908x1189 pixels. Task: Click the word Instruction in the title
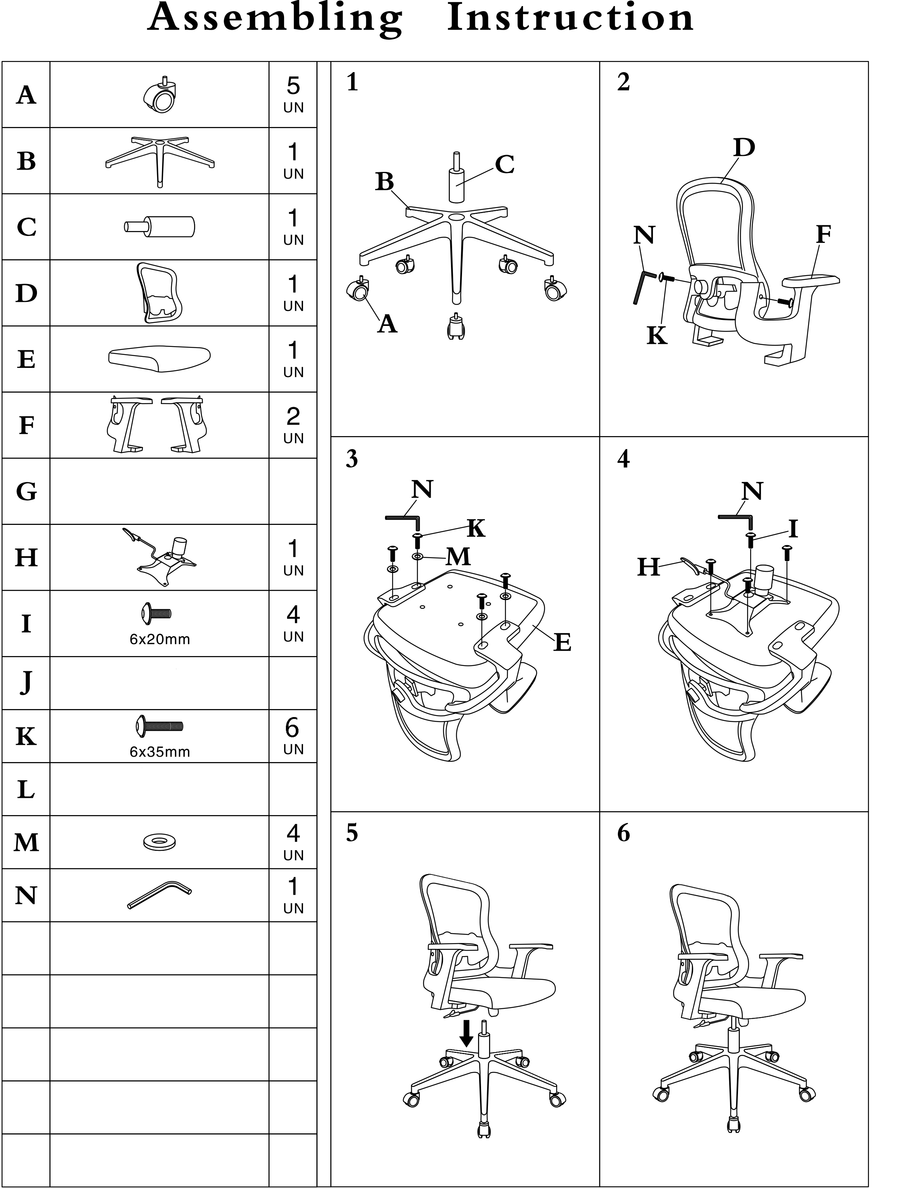coord(571,18)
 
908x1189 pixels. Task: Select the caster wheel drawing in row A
coord(161,95)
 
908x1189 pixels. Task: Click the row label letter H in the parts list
coord(26,558)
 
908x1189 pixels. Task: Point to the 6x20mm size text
coord(160,639)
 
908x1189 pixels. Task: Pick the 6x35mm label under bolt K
coord(160,752)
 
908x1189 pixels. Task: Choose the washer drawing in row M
coord(160,841)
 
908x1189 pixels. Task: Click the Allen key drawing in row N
coord(159,895)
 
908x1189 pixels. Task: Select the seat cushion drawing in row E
coord(159,359)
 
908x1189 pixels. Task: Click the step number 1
coord(352,82)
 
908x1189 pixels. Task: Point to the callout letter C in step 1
coord(504,164)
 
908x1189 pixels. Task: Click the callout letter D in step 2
coord(744,147)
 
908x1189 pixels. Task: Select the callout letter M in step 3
coord(458,557)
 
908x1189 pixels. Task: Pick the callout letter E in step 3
coord(562,643)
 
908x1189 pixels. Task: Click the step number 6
coord(624,833)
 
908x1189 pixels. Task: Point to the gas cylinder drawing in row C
coord(159,226)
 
